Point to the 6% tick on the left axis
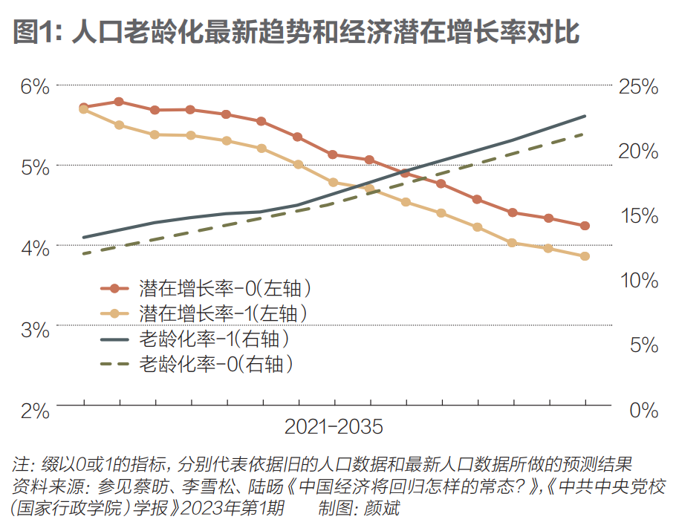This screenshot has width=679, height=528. click(34, 86)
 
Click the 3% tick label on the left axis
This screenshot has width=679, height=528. click(34, 328)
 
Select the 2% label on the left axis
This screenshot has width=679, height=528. click(34, 408)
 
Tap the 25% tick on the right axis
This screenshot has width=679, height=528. click(638, 86)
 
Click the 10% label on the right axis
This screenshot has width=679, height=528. click(638, 280)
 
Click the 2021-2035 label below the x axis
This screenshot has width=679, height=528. click(334, 428)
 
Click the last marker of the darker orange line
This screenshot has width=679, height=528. click(585, 226)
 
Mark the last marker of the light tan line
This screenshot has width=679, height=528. click(585, 256)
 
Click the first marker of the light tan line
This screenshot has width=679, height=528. click(84, 110)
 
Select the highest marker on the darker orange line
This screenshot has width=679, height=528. click(119, 101)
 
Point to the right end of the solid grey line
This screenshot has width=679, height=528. click(585, 116)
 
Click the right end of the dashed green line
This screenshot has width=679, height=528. click(585, 134)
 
